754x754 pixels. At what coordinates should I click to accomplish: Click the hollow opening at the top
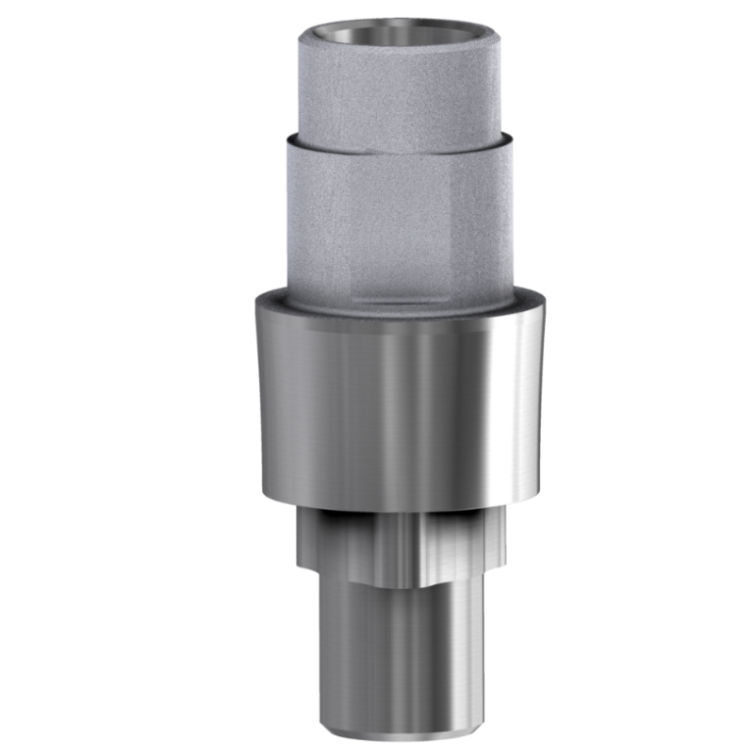pyautogui.click(x=401, y=35)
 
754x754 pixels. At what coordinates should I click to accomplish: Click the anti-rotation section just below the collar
pyautogui.click(x=401, y=547)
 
